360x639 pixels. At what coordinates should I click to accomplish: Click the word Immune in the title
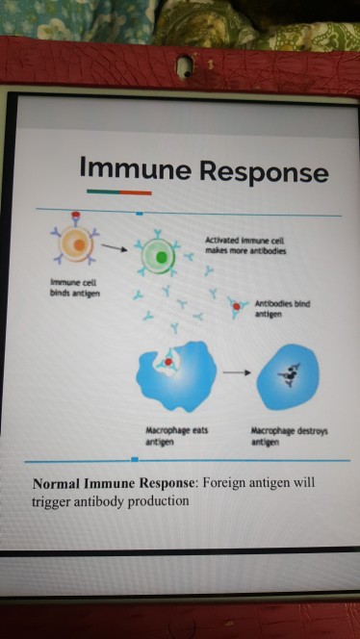(136, 170)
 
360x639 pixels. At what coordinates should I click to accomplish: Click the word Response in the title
(263, 173)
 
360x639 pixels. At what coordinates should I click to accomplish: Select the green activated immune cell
(158, 256)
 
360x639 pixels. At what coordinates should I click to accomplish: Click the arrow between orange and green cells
(115, 248)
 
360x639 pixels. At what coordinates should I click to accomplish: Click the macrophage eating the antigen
(174, 373)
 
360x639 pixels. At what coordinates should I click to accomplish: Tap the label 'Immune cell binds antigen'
(67, 287)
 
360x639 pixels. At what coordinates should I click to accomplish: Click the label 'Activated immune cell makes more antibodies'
(244, 245)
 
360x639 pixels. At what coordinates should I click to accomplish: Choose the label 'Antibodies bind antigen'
(282, 309)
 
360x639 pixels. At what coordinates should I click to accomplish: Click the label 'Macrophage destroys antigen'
(289, 437)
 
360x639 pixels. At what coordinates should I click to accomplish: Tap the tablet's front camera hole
(180, 67)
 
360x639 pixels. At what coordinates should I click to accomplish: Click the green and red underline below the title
(118, 192)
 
